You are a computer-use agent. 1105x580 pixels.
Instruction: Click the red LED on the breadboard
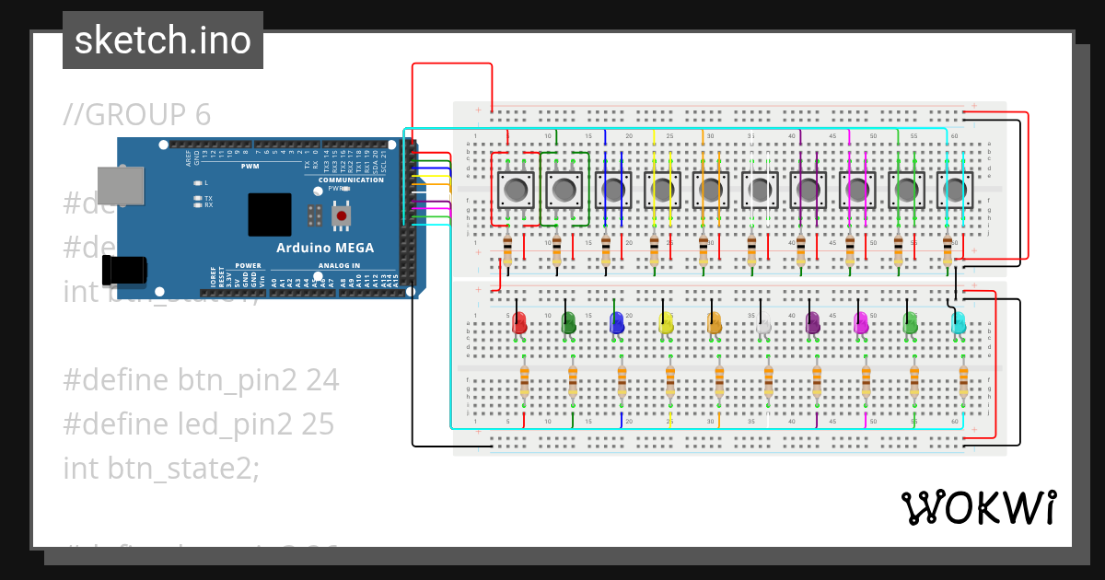click(x=519, y=323)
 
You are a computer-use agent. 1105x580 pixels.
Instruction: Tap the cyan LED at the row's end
click(x=958, y=323)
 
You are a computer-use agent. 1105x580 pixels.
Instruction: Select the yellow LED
click(x=666, y=323)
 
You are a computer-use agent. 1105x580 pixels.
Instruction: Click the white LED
click(x=763, y=324)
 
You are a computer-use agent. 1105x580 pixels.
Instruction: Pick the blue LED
click(x=617, y=323)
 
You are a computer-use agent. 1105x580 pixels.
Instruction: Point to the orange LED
click(x=715, y=323)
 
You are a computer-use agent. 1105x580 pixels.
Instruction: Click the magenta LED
click(x=861, y=323)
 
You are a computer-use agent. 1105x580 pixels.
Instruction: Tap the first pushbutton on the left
click(x=515, y=191)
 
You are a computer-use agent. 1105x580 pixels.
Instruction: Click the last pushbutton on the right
click(x=955, y=191)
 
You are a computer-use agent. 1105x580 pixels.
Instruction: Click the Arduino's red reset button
click(x=342, y=216)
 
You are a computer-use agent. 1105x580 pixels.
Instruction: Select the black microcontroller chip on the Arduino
click(x=269, y=215)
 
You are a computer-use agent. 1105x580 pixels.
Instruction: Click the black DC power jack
click(x=123, y=270)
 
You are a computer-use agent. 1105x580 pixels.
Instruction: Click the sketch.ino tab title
click(x=163, y=41)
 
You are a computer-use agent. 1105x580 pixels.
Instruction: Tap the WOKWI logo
click(x=978, y=508)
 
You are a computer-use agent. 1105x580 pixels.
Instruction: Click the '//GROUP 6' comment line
click(x=137, y=114)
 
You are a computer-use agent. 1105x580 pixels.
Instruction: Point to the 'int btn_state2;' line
click(x=161, y=468)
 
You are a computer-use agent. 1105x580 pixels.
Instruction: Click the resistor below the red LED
click(x=525, y=379)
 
